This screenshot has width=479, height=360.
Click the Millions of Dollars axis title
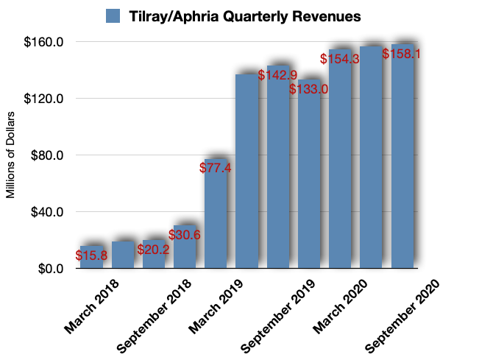[x=11, y=155]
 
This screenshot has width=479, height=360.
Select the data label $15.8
[x=91, y=256]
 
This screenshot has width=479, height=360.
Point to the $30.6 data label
[x=185, y=235]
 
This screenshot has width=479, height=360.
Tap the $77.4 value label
[x=216, y=167]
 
